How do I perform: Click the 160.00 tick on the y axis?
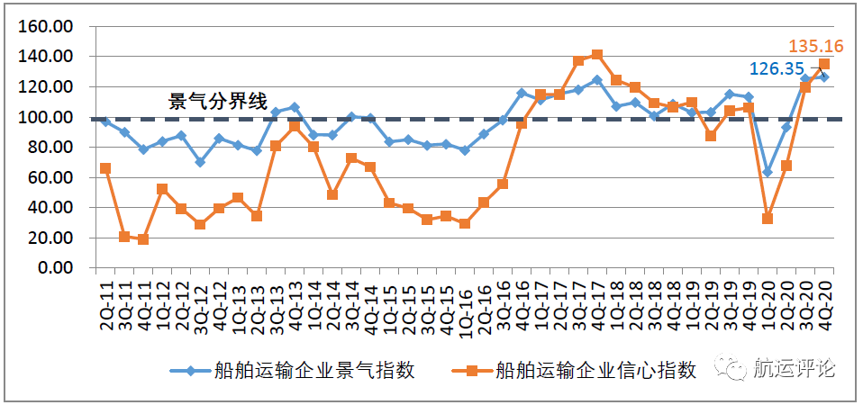coord(46,27)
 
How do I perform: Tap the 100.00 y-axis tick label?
coord(46,117)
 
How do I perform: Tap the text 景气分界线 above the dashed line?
coord(219,102)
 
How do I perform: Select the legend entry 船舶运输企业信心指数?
coord(596,370)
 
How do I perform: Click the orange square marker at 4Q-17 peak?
coord(597,55)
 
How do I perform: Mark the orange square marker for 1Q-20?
coord(768,219)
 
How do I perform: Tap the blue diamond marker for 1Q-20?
coord(768,172)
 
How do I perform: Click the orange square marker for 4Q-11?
coord(143,239)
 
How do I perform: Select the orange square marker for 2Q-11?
coord(105,168)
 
